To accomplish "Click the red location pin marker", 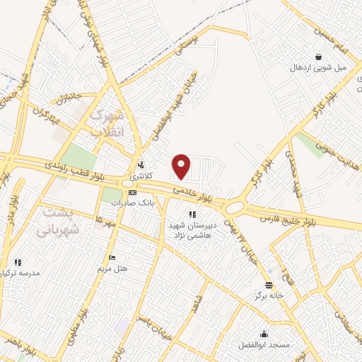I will pyautogui.click(x=182, y=166).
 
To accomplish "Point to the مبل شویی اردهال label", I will pyautogui.click(x=318, y=68).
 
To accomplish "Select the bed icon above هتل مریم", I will pyautogui.click(x=111, y=257).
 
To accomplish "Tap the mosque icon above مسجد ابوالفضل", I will pyautogui.click(x=264, y=334).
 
